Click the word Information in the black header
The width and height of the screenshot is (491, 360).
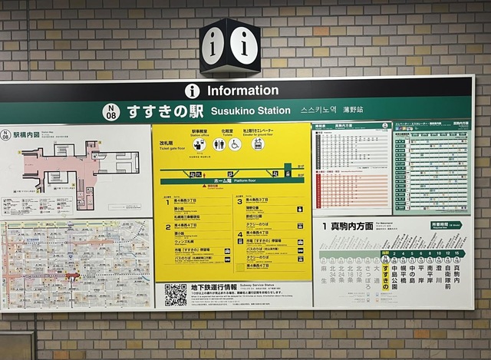[x=242, y=91]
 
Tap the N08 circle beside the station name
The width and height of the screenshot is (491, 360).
[x=111, y=112]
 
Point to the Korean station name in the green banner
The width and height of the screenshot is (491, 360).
[x=318, y=111]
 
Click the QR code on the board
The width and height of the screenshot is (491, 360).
[x=176, y=295]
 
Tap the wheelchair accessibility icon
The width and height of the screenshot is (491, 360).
[x=235, y=144]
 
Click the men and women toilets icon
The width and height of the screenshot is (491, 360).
[x=219, y=144]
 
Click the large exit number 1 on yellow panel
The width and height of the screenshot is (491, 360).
[x=167, y=202]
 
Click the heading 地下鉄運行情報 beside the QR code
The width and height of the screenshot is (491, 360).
[x=217, y=286]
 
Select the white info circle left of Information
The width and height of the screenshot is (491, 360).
[x=193, y=91]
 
